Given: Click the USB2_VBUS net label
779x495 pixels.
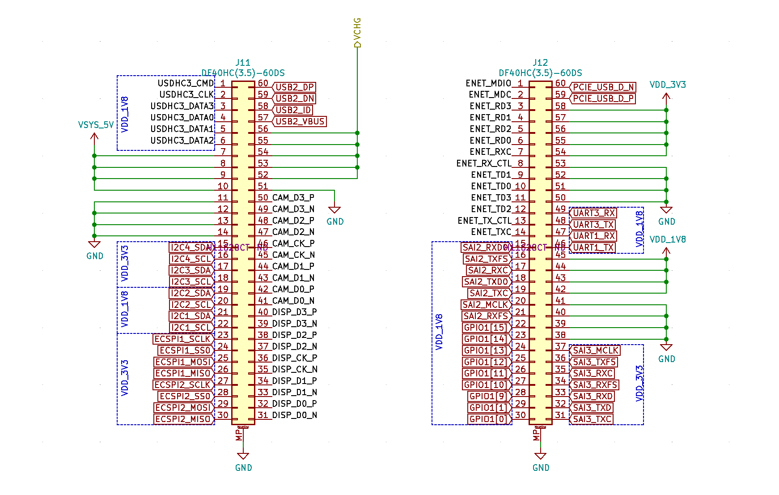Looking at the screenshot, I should pyautogui.click(x=300, y=121).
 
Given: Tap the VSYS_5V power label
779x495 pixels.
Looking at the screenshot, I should pyautogui.click(x=96, y=125).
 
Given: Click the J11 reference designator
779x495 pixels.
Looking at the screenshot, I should pyautogui.click(x=243, y=63).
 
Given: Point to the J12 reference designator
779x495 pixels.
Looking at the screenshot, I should pyautogui.click(x=540, y=63).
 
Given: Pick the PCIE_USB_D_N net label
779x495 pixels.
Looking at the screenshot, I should pyautogui.click(x=603, y=87).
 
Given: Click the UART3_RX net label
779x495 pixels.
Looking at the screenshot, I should pyautogui.click(x=594, y=213).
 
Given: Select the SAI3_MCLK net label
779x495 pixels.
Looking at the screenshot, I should pyautogui.click(x=596, y=350).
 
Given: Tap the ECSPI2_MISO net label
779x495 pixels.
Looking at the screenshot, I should pyautogui.click(x=183, y=419).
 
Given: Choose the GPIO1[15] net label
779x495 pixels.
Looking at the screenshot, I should pyautogui.click(x=486, y=328).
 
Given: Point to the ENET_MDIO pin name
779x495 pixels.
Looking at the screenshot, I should pyautogui.click(x=488, y=83).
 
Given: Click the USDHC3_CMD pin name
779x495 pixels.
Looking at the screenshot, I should pyautogui.click(x=186, y=83).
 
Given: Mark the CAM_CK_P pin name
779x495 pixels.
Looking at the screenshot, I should pyautogui.click(x=293, y=243).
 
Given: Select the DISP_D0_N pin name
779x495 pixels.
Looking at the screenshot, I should pyautogui.click(x=294, y=415).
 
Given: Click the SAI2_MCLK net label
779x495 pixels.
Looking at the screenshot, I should pyautogui.click(x=485, y=305).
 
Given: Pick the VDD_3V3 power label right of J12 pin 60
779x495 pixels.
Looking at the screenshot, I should pyautogui.click(x=667, y=85).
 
